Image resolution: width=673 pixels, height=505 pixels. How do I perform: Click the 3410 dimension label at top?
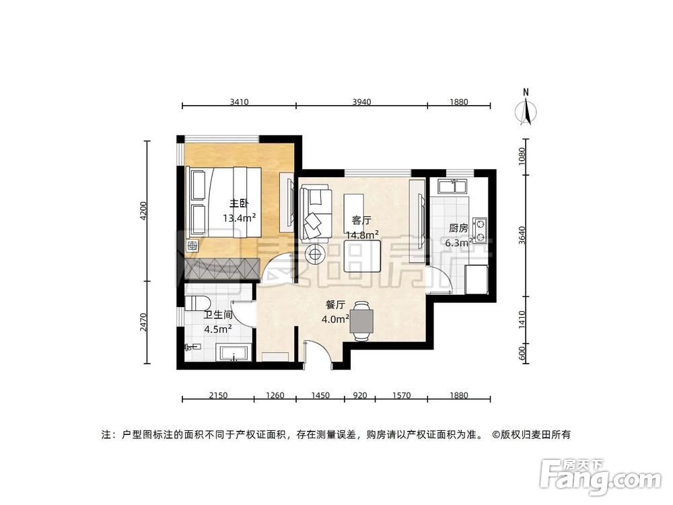[x=240, y=102]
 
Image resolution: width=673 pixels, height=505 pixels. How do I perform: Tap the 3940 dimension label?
[x=361, y=102]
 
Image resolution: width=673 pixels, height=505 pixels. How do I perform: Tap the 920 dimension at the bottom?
[x=360, y=395]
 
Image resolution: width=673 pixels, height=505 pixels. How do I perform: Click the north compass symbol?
[x=527, y=109]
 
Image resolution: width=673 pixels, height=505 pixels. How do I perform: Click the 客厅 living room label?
[x=362, y=220]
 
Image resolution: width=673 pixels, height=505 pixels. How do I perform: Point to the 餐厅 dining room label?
[x=336, y=304]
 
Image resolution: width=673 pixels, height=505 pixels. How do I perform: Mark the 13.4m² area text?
[x=238, y=217]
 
